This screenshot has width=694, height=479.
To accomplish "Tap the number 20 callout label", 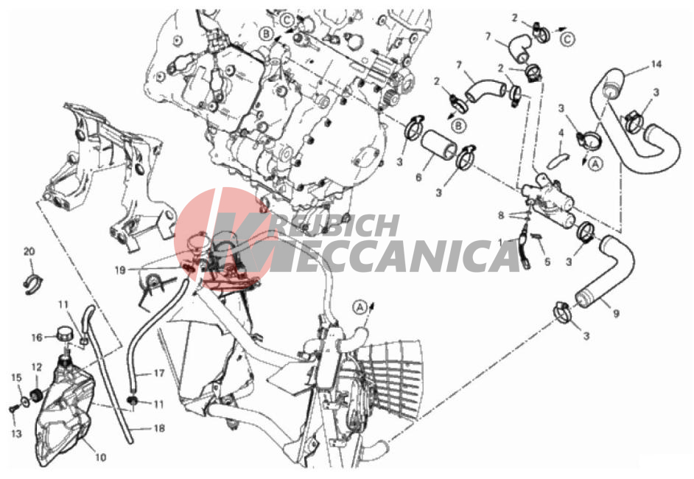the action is coord(29,251).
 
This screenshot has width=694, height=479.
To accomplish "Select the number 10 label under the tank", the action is coord(101,456).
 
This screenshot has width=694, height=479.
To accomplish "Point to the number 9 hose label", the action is coord(616,313).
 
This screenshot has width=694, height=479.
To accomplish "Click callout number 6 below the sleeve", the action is coord(418,178).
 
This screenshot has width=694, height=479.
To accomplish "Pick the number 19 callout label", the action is coord(120,270).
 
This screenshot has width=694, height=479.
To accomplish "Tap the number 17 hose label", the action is coord(159,373).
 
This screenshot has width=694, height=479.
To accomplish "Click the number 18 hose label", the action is coord(159,428).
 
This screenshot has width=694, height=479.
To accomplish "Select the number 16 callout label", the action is coord(37,338).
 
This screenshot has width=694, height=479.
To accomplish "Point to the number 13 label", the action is coord(16,433).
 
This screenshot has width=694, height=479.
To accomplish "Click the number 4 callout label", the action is coord(561,133).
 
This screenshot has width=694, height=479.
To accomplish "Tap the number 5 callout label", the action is coord(547,262).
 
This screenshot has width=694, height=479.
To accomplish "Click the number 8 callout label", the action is coord(501,216).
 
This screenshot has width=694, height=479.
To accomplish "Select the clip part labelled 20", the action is coord(32,284).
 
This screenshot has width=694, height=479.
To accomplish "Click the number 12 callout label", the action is coord(36,367).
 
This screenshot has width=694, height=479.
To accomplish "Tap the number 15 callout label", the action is coord(16,377).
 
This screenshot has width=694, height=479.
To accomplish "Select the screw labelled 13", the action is coord(13,410).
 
